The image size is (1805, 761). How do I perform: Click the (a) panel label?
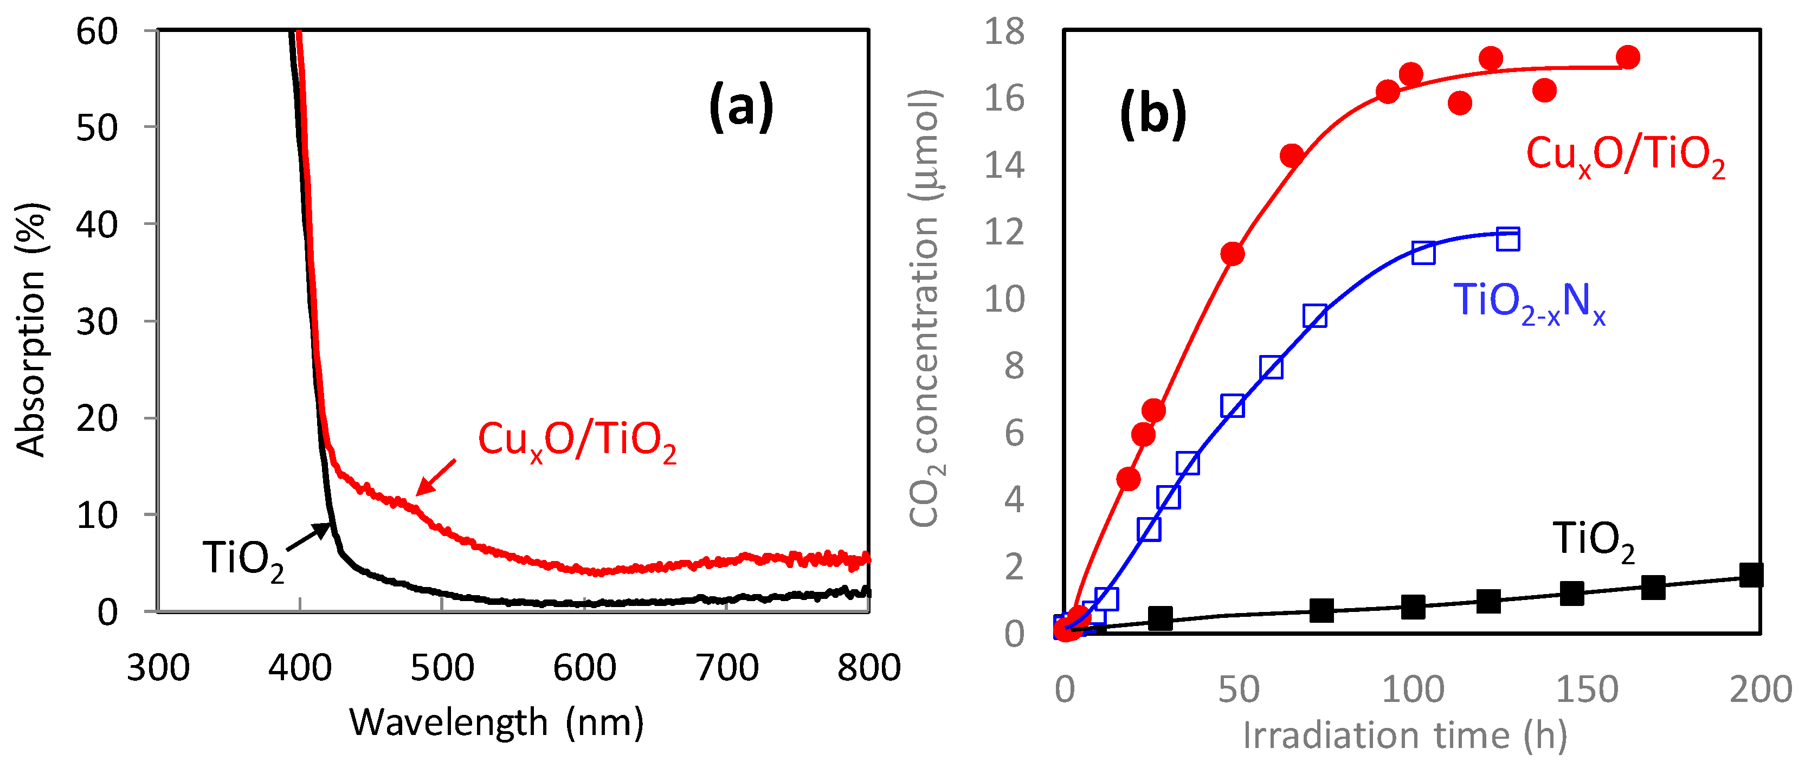[x=740, y=108]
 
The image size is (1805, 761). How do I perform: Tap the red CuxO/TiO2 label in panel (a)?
[x=577, y=441]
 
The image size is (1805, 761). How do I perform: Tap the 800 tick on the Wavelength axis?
[x=868, y=668]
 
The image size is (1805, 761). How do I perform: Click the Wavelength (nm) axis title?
[x=496, y=723]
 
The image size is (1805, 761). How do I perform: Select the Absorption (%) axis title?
[x=31, y=330]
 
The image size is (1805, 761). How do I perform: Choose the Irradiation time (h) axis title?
[x=1405, y=735]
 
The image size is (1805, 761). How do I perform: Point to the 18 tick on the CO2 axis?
[x=1003, y=32]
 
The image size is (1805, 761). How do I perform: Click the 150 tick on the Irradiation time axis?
[x=1587, y=689]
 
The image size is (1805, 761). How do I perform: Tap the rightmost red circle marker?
[x=1628, y=57]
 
